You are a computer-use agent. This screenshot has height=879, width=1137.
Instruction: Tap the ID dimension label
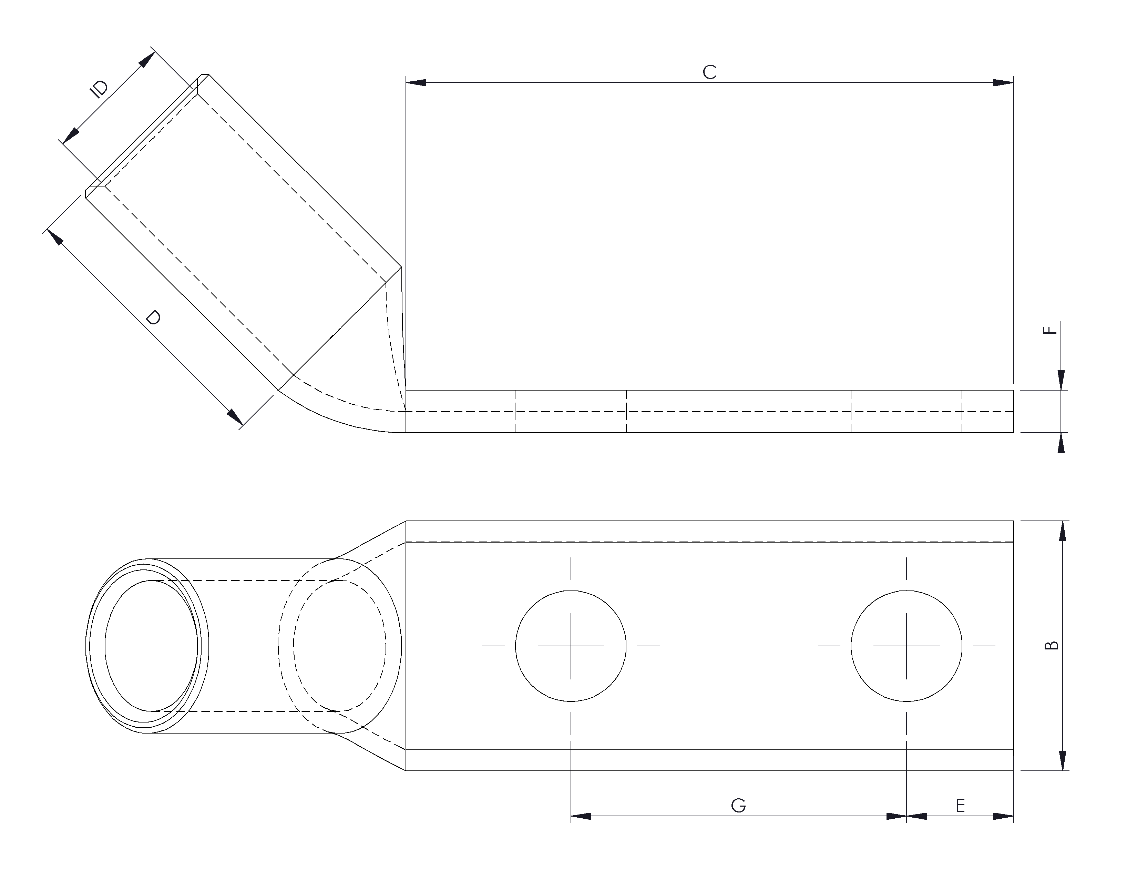(x=100, y=89)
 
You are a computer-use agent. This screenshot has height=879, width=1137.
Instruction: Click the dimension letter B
(x=1052, y=645)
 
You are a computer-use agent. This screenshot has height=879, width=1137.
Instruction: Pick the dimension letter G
(x=738, y=806)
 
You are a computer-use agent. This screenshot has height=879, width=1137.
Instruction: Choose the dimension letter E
(x=961, y=806)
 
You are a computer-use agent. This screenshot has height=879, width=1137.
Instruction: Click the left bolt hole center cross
(x=571, y=646)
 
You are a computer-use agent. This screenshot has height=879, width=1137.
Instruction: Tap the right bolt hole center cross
(x=906, y=646)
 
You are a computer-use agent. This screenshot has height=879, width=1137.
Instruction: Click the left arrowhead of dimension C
(x=416, y=82)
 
